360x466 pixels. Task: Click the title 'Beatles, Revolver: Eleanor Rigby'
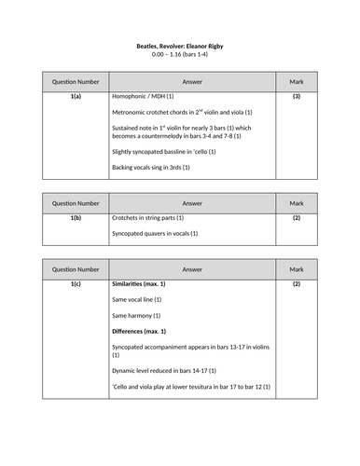[x=179, y=46]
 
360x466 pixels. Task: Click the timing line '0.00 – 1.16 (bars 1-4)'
[x=179, y=55]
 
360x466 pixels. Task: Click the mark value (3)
[x=296, y=96]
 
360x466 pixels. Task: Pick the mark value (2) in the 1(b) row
[x=296, y=217]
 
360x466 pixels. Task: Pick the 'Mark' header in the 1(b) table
[x=296, y=202]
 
